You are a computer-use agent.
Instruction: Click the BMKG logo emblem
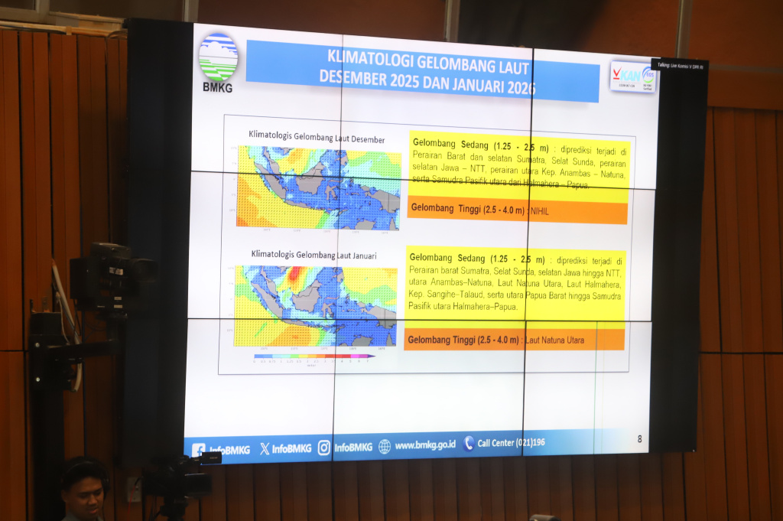click(218, 57)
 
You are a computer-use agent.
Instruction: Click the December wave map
click(318, 187)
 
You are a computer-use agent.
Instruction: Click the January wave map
click(316, 305)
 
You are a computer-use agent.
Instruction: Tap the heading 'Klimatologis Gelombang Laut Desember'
click(317, 138)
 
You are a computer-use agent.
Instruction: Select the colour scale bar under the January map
click(314, 356)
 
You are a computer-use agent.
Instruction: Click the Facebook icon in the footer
click(199, 451)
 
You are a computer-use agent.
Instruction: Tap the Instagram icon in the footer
click(324, 448)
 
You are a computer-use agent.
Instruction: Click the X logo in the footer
click(265, 449)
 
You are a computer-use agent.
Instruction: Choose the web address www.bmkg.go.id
click(425, 444)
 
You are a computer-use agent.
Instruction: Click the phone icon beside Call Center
click(468, 443)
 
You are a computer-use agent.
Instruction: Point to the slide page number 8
click(639, 438)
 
